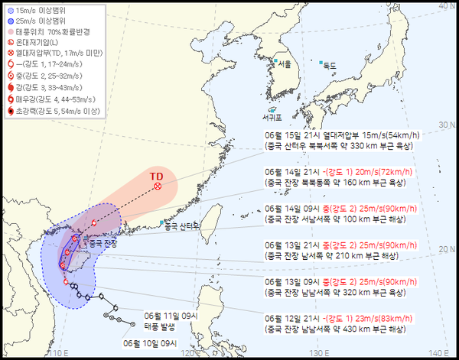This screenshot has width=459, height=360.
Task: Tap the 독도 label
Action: click(x=330, y=66)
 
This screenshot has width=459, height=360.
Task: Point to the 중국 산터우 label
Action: click(x=181, y=225)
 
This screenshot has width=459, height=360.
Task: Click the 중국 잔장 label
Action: click(x=104, y=243)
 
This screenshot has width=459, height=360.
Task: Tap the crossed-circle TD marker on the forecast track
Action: click(x=158, y=186)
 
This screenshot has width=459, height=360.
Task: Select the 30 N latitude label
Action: click(x=441, y=124)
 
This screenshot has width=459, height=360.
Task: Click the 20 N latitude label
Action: click(x=441, y=248)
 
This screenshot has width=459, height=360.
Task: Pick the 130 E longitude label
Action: click(x=315, y=353)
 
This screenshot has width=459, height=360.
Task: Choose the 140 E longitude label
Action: click(x=437, y=353)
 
